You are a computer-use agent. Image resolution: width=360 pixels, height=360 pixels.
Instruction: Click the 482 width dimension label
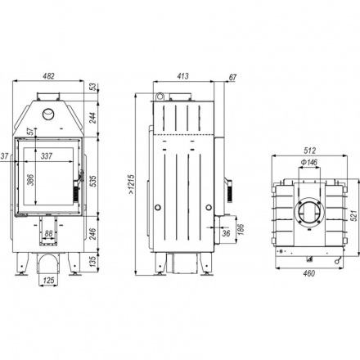click(x=49, y=76)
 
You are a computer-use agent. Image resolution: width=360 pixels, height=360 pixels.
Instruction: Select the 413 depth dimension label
click(x=182, y=76)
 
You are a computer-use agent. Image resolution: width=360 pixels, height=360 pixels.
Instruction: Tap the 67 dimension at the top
click(x=232, y=78)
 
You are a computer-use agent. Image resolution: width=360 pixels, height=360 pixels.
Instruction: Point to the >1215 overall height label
click(x=131, y=184)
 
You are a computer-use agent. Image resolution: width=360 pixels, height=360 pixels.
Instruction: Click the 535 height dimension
click(x=93, y=181)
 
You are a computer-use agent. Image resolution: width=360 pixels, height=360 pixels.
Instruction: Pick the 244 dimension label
click(x=93, y=118)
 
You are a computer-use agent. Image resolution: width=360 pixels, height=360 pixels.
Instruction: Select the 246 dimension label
click(x=93, y=234)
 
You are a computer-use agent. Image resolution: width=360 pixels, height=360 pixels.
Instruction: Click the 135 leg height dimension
click(x=93, y=261)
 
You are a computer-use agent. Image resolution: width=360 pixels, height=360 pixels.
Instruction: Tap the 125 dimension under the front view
click(x=49, y=280)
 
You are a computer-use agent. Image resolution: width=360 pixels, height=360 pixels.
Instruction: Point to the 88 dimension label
click(x=48, y=233)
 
